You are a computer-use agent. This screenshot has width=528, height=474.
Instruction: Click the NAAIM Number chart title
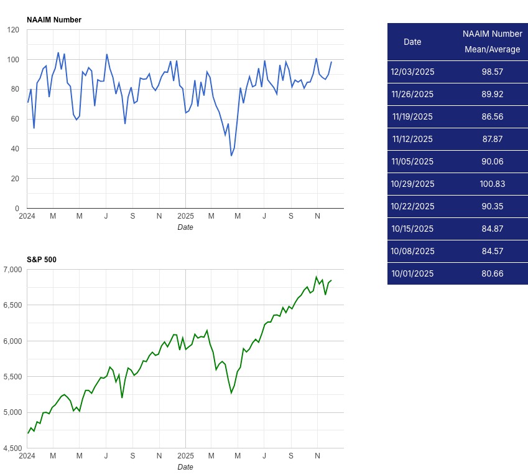click(54, 20)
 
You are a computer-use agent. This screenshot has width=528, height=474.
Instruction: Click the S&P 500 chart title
click(42, 259)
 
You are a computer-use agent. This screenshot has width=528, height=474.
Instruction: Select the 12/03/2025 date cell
click(412, 72)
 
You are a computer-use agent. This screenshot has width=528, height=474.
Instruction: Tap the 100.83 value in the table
click(492, 184)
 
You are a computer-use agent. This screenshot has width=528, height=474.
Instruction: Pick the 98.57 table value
click(492, 72)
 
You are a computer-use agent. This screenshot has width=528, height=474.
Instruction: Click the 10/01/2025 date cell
click(412, 273)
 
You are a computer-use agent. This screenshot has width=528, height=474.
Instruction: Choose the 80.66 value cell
click(492, 273)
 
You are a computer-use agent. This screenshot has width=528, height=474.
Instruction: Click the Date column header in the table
click(412, 42)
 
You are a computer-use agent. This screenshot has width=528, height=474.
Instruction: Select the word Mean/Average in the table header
click(492, 50)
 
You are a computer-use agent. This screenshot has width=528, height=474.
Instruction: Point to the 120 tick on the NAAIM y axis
click(13, 30)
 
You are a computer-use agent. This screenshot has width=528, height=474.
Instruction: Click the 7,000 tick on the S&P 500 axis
click(12, 270)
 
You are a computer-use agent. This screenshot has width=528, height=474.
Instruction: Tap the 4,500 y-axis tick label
click(12, 448)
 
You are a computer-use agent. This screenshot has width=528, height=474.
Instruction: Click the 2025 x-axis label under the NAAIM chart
click(185, 217)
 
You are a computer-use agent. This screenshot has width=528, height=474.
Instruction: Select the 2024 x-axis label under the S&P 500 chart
click(27, 457)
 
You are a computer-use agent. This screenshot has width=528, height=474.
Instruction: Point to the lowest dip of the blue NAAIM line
click(231, 155)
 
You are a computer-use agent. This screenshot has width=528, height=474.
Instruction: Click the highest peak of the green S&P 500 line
click(316, 277)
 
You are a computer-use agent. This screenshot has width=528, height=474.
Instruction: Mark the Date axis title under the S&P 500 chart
click(185, 467)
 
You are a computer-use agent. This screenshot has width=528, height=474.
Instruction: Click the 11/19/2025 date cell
click(412, 116)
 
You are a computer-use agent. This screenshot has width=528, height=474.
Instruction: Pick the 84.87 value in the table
click(492, 229)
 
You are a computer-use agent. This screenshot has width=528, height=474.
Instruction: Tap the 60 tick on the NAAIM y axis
click(15, 119)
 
